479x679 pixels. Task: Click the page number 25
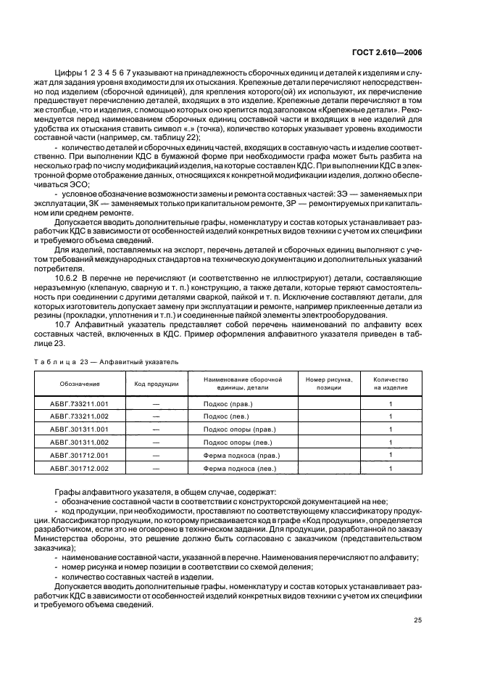click(x=417, y=619)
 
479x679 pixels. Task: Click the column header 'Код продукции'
click(x=155, y=383)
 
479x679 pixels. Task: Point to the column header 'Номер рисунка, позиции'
click(x=329, y=383)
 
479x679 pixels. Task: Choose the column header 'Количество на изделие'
click(x=391, y=383)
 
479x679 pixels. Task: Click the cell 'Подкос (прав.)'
click(x=240, y=403)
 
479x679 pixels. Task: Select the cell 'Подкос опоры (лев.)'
click(x=240, y=442)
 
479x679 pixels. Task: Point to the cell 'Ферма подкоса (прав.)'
click(x=240, y=455)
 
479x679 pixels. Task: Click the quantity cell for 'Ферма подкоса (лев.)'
click(x=391, y=468)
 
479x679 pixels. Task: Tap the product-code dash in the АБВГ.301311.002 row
click(x=155, y=442)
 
